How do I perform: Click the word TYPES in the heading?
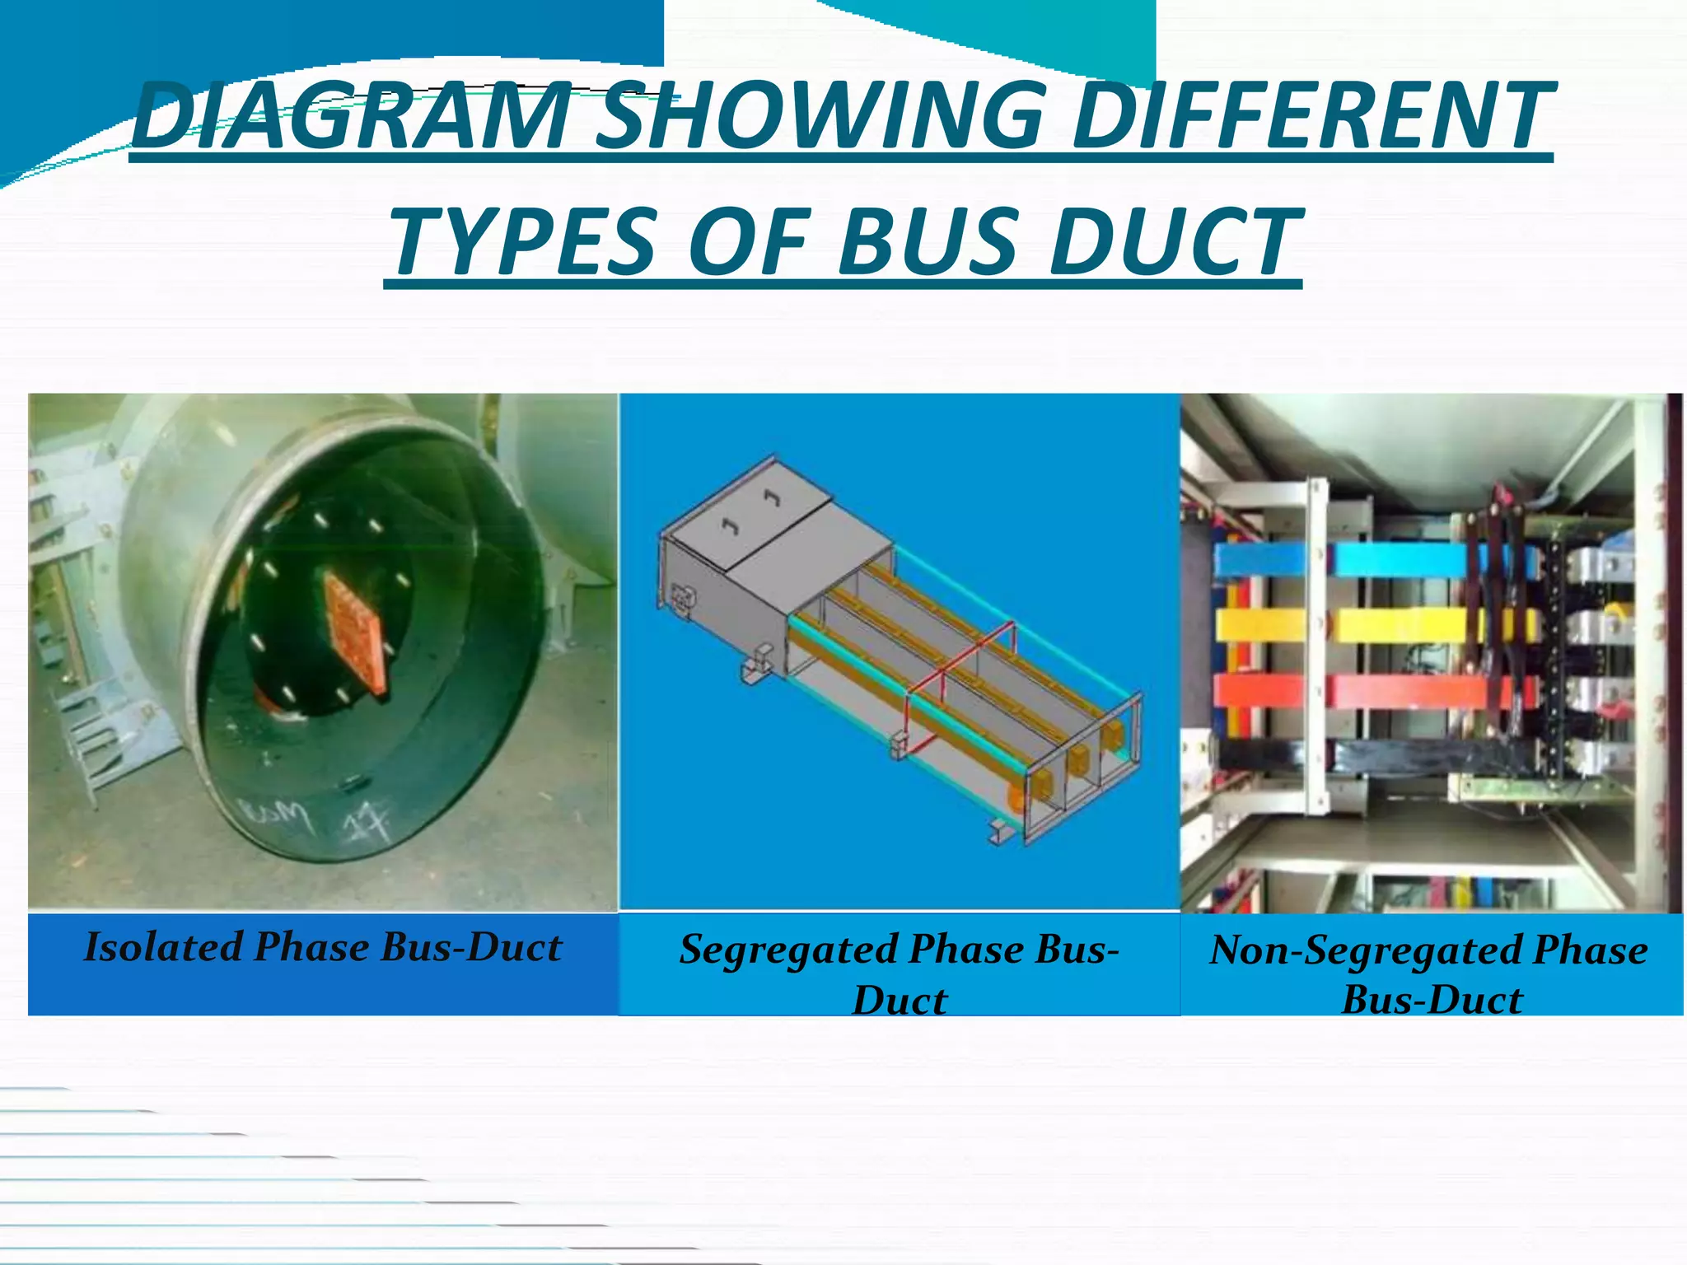point(527,243)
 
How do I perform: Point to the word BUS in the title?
point(929,243)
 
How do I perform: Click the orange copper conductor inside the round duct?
point(354,634)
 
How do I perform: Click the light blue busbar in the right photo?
point(1400,561)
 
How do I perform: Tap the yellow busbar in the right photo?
point(1400,626)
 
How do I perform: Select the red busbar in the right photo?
point(1400,692)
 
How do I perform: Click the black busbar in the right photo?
point(1400,754)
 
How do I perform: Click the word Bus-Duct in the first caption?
point(472,947)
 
